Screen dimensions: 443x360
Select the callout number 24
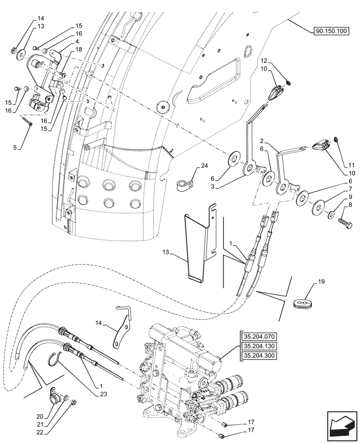click(204, 166)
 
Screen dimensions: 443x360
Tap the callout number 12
click(263, 61)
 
